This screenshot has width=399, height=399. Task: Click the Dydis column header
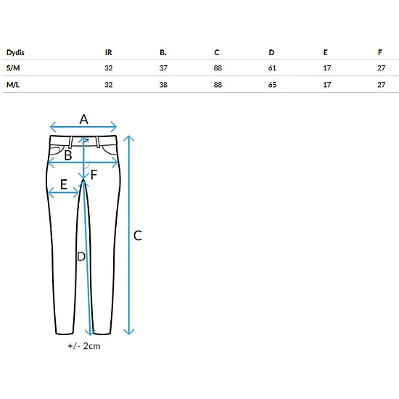tap(15, 52)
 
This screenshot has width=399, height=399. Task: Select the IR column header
tap(108, 52)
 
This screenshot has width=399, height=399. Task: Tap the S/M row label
tap(13, 68)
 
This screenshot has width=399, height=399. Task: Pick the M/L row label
tap(13, 85)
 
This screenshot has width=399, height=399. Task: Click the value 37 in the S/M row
tap(163, 68)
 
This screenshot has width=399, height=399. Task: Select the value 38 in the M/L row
tap(163, 85)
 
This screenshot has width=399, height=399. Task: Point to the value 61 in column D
tap(272, 68)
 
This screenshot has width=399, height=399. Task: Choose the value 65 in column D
tap(272, 85)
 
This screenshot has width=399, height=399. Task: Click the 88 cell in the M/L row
tap(218, 85)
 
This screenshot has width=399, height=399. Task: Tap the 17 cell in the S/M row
tap(327, 68)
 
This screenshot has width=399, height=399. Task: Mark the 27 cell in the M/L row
tap(382, 85)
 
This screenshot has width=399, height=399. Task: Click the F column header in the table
tap(380, 52)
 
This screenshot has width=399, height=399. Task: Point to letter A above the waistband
tap(83, 119)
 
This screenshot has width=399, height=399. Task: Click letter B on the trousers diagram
tap(68, 155)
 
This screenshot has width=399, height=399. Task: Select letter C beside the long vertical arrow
tap(138, 236)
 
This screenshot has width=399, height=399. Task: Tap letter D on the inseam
tap(81, 257)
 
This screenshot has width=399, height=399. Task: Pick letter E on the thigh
tap(64, 184)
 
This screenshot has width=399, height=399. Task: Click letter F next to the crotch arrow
tap(94, 175)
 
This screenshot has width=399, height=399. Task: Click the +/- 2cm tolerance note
tap(84, 346)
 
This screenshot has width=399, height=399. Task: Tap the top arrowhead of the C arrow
tap(129, 137)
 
